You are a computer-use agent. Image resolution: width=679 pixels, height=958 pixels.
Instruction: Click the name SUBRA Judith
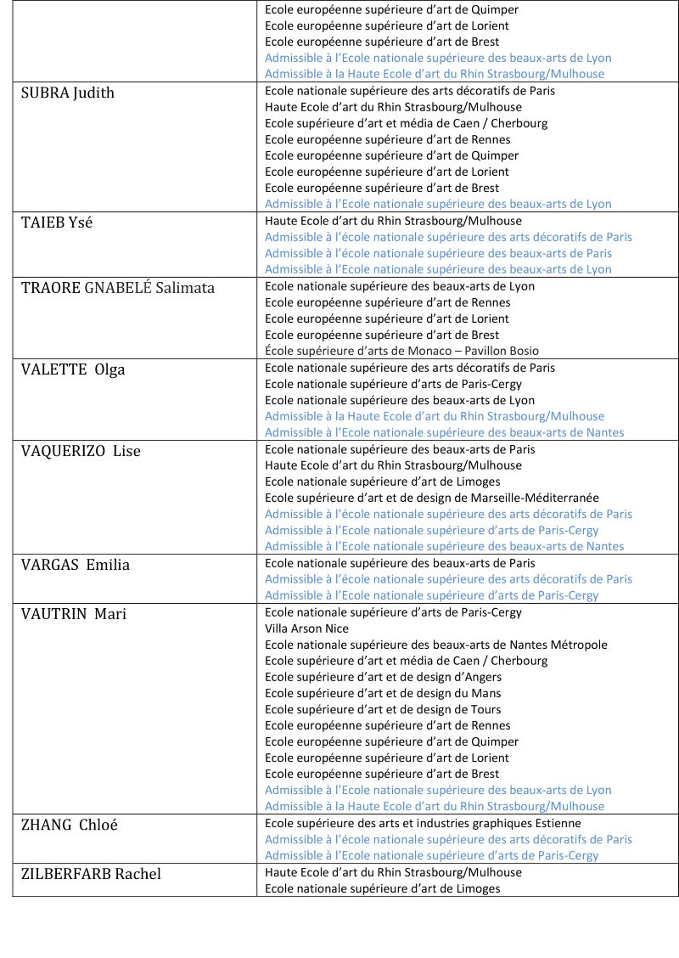pos(68,93)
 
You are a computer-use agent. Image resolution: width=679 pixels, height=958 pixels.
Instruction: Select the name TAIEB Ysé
pos(57,223)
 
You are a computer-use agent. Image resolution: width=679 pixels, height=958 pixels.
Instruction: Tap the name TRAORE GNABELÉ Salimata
pos(118,288)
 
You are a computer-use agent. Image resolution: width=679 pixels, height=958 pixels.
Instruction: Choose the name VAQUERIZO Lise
pos(81,451)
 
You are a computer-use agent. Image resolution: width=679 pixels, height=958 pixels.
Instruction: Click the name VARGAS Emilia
pos(76,565)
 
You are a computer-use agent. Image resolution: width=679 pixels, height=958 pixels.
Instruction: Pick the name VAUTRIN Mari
pos(74,614)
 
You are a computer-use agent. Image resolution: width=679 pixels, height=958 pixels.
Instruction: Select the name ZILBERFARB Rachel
pos(91,874)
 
